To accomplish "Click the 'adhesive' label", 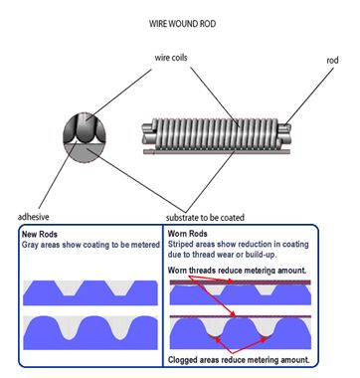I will [x=36, y=215].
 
